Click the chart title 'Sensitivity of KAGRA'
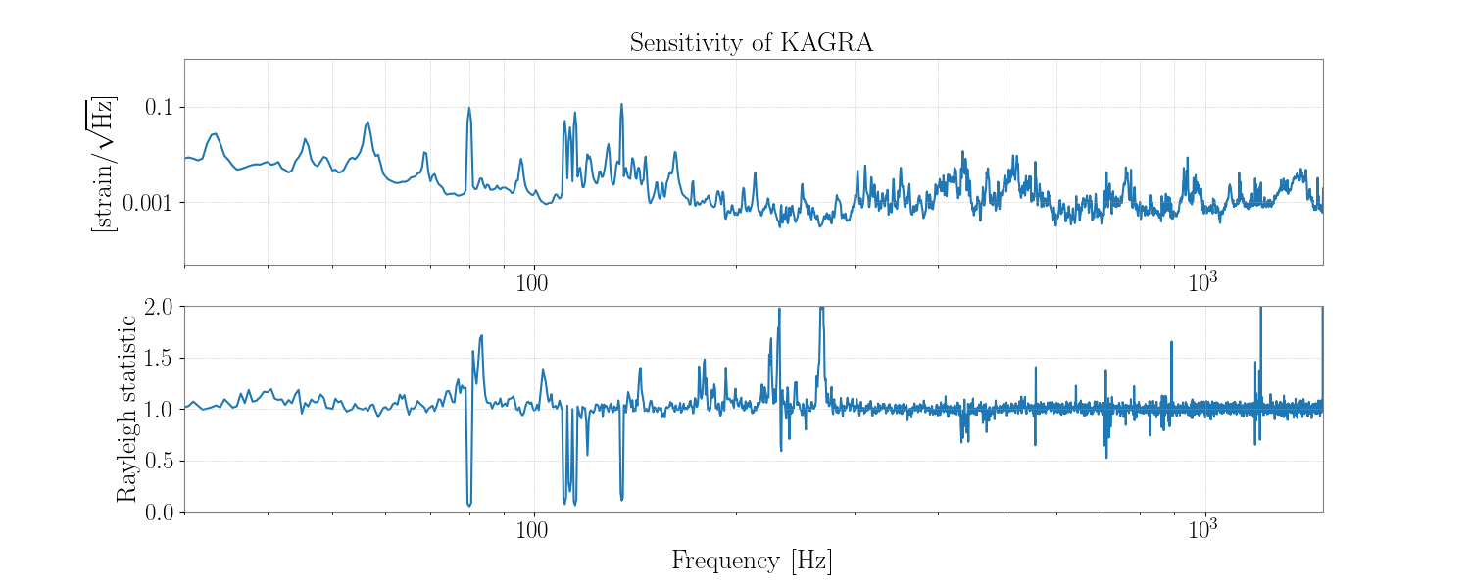click(751, 43)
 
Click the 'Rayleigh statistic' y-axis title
click(126, 409)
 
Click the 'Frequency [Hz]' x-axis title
click(752, 561)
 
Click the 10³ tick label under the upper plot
click(1202, 281)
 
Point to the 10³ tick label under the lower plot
click(1202, 528)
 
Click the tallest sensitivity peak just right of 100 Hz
click(621, 104)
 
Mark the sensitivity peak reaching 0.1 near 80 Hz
click(469, 108)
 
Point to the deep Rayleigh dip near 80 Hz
click(469, 504)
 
